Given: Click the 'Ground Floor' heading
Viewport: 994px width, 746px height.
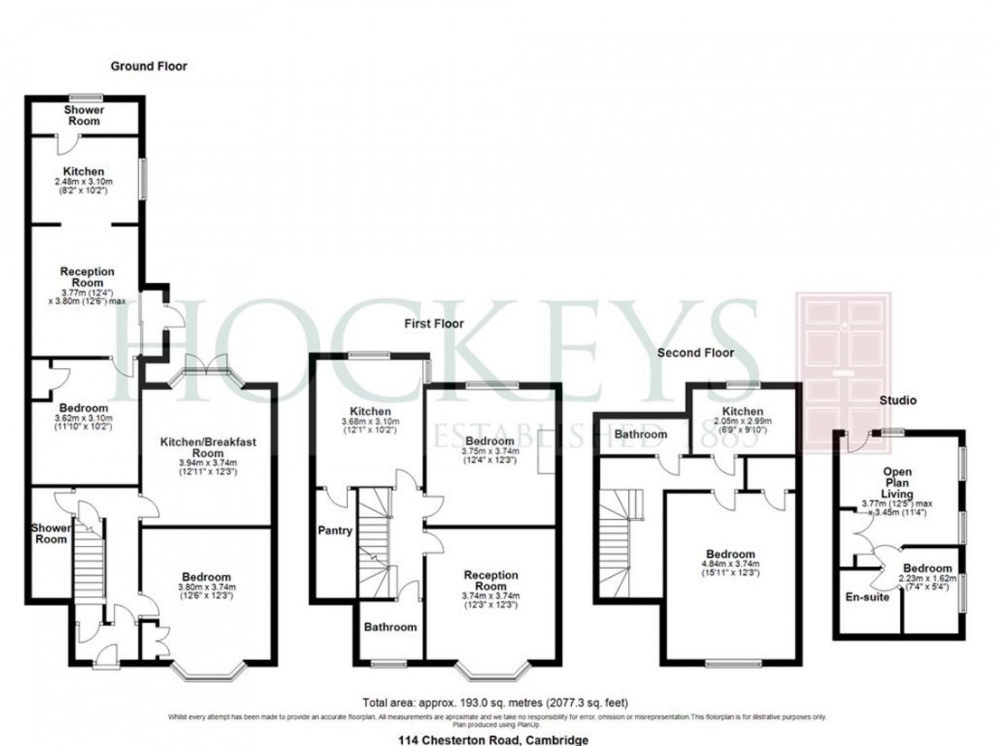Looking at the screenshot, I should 148,66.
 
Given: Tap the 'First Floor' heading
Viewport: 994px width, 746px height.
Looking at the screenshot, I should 434,323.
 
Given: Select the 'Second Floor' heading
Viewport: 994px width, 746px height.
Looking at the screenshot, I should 695,353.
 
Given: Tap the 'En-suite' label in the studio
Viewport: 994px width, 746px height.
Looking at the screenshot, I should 867,597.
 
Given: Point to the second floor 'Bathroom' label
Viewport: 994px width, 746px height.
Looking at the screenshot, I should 641,435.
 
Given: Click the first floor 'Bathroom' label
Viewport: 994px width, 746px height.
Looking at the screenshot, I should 390,627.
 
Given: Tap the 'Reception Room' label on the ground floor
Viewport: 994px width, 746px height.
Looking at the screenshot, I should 87,277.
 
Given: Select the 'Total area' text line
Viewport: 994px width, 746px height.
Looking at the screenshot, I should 495,703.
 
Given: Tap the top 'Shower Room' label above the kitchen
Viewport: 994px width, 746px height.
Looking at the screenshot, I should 83,115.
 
